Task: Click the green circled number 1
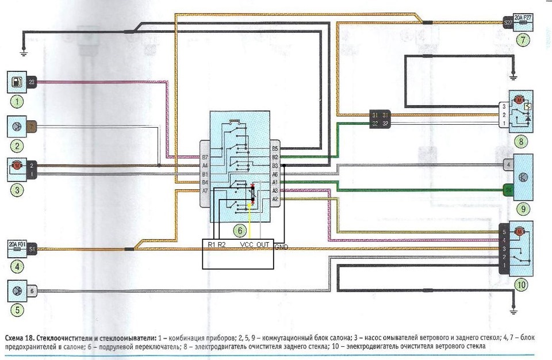(20, 103)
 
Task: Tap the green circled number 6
(237, 230)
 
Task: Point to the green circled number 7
(522, 40)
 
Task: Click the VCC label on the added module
(247, 245)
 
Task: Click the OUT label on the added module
(263, 245)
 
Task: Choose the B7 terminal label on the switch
(204, 156)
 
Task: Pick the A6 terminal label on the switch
(275, 173)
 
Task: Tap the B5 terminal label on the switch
(275, 148)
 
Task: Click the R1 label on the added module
(211, 245)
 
